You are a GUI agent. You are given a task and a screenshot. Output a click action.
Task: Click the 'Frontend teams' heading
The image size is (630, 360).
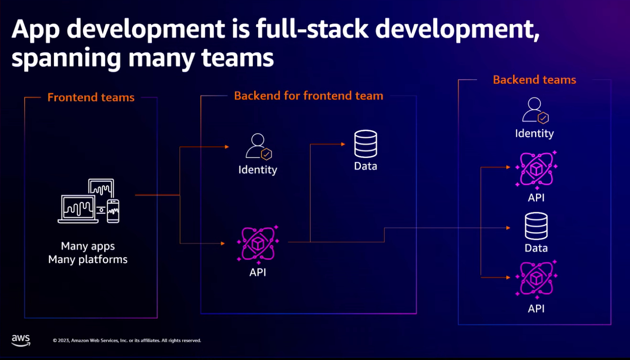tap(91, 98)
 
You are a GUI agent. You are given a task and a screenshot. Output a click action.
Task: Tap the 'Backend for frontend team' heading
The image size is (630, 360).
tap(308, 96)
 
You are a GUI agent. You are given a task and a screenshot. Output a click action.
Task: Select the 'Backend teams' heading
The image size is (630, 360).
tap(534, 80)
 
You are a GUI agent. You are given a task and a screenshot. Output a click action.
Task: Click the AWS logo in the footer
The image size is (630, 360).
tap(21, 340)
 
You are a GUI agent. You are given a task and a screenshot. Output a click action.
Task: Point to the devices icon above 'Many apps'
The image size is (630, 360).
tap(89, 201)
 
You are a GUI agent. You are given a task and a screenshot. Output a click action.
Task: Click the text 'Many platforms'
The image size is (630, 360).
tap(88, 260)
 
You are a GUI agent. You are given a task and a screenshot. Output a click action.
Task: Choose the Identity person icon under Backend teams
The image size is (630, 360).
tap(534, 110)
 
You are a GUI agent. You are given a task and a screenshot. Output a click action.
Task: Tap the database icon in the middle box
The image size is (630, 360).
tap(365, 144)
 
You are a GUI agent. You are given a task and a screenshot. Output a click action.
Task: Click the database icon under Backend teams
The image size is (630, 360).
tap(536, 226)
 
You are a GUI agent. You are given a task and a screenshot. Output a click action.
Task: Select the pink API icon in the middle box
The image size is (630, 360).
tap(258, 244)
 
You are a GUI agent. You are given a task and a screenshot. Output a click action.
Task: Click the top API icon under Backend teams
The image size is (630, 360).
tap(536, 169)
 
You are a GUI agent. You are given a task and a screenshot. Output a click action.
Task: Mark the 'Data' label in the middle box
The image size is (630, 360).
tap(365, 166)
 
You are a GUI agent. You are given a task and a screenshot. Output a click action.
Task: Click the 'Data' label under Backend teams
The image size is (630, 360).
tap(536, 248)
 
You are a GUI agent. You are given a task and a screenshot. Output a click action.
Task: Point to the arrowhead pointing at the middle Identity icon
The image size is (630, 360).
tap(226, 147)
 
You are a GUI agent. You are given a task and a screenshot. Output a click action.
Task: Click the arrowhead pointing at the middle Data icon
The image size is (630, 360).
tap(342, 144)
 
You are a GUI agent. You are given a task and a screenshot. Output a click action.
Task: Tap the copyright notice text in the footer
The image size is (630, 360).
tap(127, 341)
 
